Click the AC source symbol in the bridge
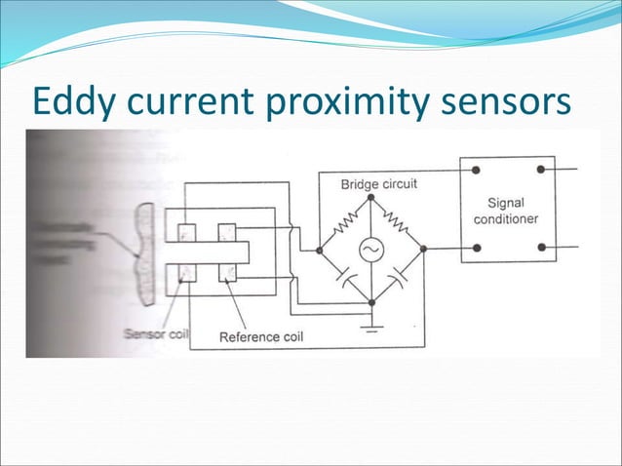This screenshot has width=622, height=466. pos(371,250)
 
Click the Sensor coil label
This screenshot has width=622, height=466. pos(156,333)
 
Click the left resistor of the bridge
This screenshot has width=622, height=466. pos(346,226)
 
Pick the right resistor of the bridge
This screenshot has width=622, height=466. pos(397,226)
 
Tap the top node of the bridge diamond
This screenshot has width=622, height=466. pos(371,198)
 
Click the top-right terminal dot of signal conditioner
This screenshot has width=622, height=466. pos(539,170)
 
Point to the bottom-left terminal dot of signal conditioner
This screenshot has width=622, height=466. pos(476,248)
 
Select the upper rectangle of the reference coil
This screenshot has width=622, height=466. pos(227,232)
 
